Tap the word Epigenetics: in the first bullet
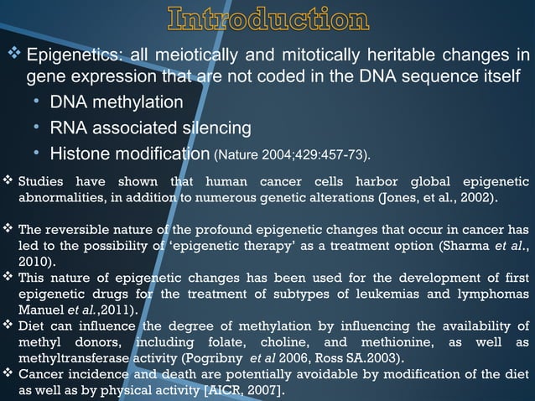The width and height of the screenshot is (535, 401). pyautogui.click(x=72, y=56)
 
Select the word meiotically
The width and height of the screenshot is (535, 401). pyautogui.click(x=186, y=56)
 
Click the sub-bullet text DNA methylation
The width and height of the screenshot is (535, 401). pyautogui.click(x=116, y=102)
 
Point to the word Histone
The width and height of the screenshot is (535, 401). pyautogui.click(x=81, y=154)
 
